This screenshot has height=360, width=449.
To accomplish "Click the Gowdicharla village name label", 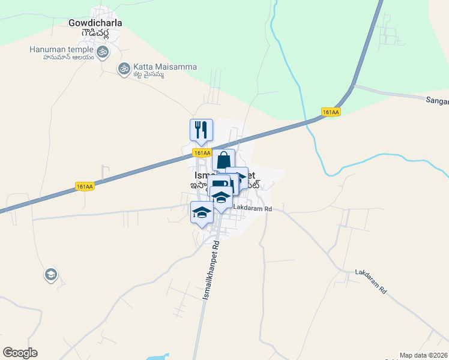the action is coord(95,23).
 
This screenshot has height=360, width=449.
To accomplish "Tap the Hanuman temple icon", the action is coord(102,52).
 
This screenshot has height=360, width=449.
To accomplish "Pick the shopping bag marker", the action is coord(223,160).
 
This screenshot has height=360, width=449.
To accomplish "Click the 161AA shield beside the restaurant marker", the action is coord(202,153).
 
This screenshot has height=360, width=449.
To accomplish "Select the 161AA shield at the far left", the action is coord(85,187).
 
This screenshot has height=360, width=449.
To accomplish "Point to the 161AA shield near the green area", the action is coord(331,112).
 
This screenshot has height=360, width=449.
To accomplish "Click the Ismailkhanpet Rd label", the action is coord(211,270).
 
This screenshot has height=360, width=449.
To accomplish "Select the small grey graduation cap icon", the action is coord(51,275).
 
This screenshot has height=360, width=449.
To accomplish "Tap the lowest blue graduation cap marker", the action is coord(202,212).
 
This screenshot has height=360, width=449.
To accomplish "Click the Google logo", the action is coord(20,353).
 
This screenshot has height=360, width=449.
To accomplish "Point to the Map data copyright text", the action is coord(424,355).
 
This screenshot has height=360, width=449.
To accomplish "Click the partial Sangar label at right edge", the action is coord(437,102).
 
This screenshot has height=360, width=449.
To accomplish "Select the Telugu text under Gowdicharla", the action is coord(97,34).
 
